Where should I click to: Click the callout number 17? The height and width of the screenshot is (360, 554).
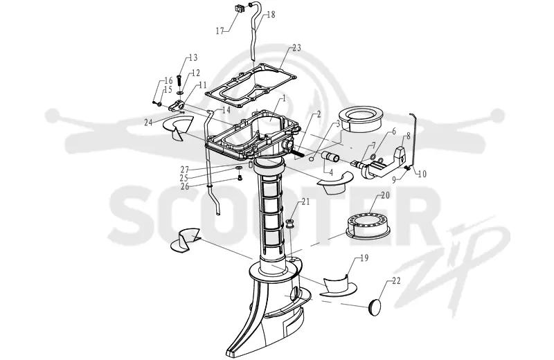coord(220,31)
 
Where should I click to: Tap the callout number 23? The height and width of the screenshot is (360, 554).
coord(296,48)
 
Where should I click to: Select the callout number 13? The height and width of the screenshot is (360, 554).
coord(193,57)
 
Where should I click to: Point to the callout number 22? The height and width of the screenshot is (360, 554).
coord(396,281)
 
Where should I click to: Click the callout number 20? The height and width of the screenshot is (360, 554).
coord(385,195)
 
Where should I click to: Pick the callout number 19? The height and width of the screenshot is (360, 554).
coord(364,258)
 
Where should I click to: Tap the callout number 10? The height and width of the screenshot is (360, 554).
coord(422,174)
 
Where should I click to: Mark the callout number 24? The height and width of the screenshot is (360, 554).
coord(148,123)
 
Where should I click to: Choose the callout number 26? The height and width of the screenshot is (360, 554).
coord(185,186)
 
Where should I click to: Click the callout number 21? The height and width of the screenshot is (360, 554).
coord(305,201)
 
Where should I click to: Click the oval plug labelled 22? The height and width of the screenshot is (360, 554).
coord(375,305)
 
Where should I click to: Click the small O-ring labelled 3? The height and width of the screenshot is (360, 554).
coord(311,159)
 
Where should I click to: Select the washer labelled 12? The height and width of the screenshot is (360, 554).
coord(180,93)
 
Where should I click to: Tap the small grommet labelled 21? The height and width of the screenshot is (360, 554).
coord(289,224)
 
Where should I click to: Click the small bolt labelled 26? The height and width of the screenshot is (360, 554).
coord(240,178)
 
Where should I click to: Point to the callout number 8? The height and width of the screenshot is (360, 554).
coord(409,136)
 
